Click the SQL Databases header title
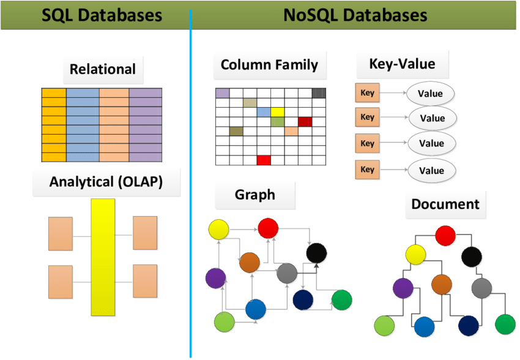[x=102, y=15]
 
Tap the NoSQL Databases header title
[x=355, y=15]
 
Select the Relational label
[x=103, y=69]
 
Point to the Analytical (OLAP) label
[x=106, y=182]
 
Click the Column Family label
[x=269, y=65]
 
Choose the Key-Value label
[x=403, y=64]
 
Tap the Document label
[x=445, y=204]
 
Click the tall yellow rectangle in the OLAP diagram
[x=103, y=257]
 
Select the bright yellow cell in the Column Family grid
[x=277, y=112]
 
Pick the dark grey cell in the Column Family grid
[x=319, y=93]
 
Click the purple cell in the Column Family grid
[x=223, y=93]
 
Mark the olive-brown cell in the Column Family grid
[x=236, y=132]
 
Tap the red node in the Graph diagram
[x=268, y=228]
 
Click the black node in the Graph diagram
[x=316, y=253]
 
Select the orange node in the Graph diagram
[x=250, y=263]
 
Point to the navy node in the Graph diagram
[x=303, y=300]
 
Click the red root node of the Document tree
[x=445, y=236]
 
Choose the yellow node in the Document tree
[x=415, y=255]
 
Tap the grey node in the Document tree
[x=481, y=288]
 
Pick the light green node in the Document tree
[x=384, y=326]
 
